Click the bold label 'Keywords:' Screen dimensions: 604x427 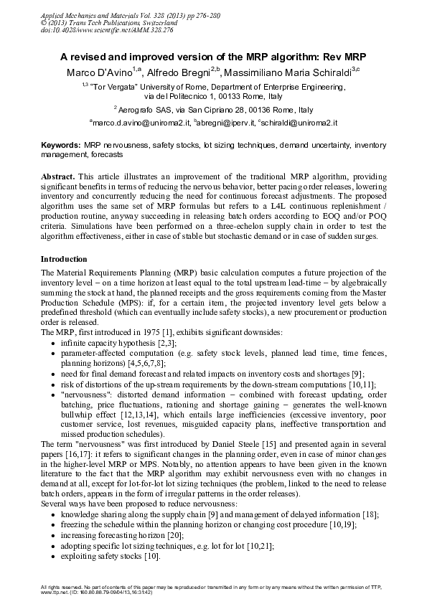tap(60, 145)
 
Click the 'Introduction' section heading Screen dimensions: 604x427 tap(64, 259)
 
